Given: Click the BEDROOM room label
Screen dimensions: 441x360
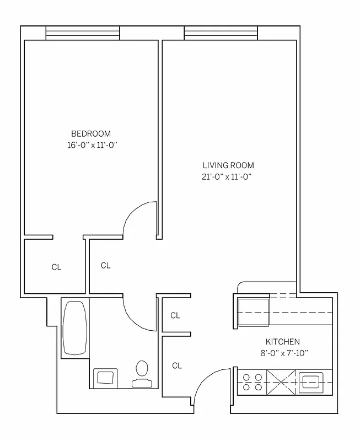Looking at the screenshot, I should coord(91,133).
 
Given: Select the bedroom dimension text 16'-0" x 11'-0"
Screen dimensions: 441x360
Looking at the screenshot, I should coord(91,146).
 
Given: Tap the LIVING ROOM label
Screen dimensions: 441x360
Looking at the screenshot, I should coord(228,165).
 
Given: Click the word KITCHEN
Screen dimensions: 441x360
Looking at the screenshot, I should coord(283,341).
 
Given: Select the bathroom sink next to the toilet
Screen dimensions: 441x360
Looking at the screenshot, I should coord(106,378).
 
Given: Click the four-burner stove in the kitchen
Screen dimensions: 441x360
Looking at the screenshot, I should coord(252,382).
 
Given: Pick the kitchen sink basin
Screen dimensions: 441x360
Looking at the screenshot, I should coord(313,381).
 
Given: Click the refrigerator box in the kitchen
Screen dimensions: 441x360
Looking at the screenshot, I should coord(253,313).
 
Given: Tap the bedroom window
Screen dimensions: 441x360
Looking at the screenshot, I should coord(82,34).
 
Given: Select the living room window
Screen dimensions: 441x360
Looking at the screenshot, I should coord(221,34).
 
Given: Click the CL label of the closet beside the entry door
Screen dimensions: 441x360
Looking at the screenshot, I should coord(177,365).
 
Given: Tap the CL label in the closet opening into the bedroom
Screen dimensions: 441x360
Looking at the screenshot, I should coord(56,267).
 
